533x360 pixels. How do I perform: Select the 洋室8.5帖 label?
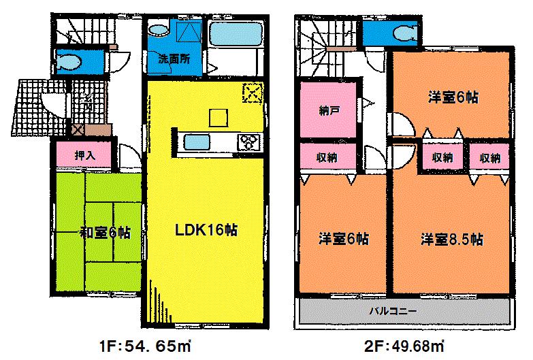coord(452,240)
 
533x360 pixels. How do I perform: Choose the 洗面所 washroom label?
coord(174,59)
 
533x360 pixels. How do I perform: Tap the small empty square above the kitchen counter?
coord(218,118)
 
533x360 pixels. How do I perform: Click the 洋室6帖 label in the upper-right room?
coord(452,97)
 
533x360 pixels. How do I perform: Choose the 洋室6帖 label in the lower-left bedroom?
coord(344,240)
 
